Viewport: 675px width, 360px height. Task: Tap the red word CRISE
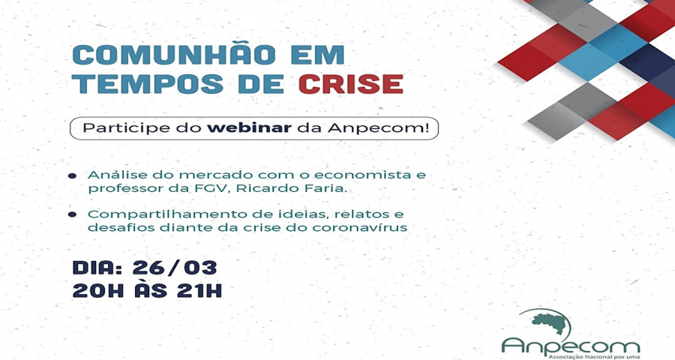[x=351, y=83]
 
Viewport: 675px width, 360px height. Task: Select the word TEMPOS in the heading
[x=148, y=83]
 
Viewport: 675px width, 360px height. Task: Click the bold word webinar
[x=249, y=128]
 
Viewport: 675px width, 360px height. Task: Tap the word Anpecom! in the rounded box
[x=379, y=129]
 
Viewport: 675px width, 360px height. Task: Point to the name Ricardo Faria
[x=286, y=188]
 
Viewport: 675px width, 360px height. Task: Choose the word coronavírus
[x=359, y=227]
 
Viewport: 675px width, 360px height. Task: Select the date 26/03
[x=174, y=268]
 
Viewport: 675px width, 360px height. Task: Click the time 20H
[x=98, y=291]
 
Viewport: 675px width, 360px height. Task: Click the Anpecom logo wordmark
[x=571, y=345]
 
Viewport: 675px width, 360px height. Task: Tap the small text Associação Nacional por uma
[x=593, y=357]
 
